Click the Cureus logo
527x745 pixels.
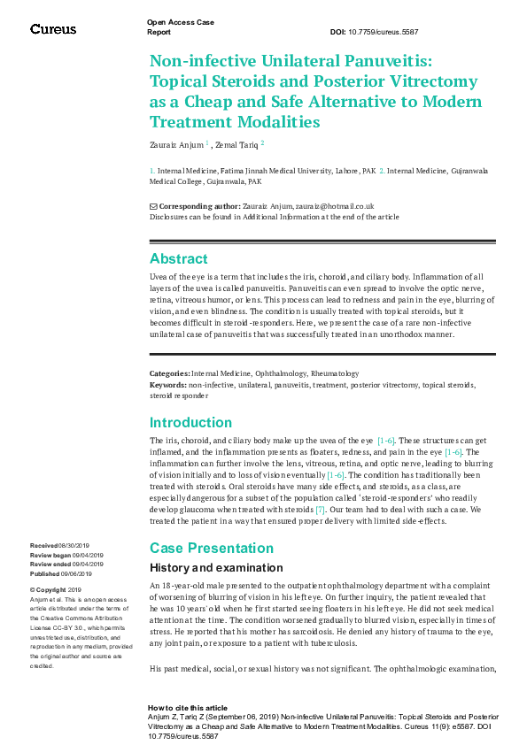coord(53,29)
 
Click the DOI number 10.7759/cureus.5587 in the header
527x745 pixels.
coord(386,32)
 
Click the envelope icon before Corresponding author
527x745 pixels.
coord(153,206)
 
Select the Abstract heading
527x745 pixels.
coord(179,259)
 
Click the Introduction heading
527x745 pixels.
coord(190,422)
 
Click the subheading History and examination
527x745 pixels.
coord(216,568)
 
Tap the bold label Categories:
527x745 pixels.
coord(169,374)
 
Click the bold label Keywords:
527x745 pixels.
coord(168,385)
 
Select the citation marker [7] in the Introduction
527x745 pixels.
coord(321,511)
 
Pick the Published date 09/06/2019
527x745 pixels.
coord(82,572)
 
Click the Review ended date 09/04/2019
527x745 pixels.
coord(87,564)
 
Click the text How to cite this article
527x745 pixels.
coord(187,708)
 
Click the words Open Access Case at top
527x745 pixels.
coord(180,22)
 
